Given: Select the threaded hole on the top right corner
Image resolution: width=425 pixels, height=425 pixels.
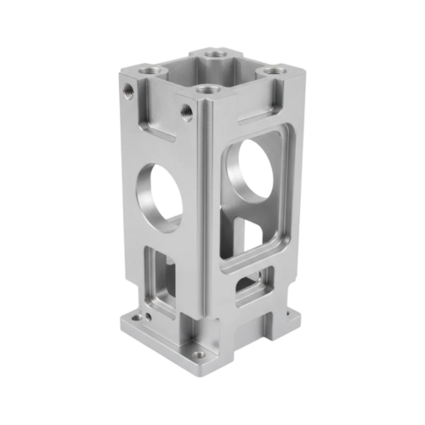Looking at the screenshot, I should [x=272, y=74].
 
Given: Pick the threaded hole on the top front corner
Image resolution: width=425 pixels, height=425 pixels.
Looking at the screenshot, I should [x=204, y=88].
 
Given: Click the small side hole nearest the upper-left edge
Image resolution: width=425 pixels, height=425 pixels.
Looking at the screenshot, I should [x=127, y=88].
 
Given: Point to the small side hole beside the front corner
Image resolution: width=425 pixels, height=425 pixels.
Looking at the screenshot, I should [x=184, y=108].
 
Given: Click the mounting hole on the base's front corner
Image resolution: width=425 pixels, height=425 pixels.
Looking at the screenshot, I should [x=199, y=354].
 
